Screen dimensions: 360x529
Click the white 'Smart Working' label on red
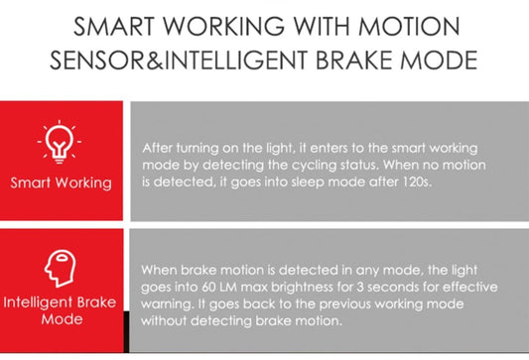[x=62, y=182]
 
